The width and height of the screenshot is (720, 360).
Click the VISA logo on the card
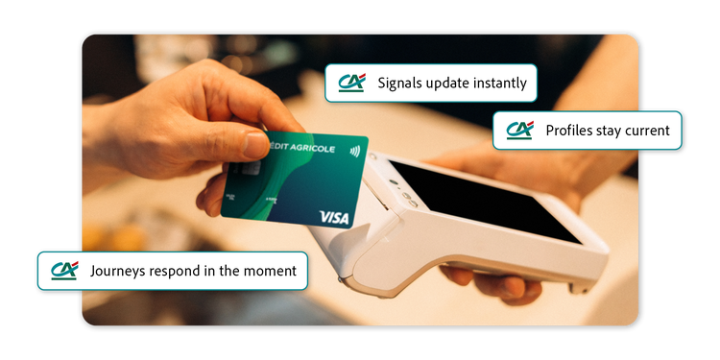[334, 217]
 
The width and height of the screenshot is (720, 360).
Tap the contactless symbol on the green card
[354, 151]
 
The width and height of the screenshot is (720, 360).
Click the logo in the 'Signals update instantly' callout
[351, 83]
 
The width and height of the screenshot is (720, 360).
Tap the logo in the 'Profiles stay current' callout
[519, 130]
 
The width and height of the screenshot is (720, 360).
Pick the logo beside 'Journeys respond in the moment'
[64, 271]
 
